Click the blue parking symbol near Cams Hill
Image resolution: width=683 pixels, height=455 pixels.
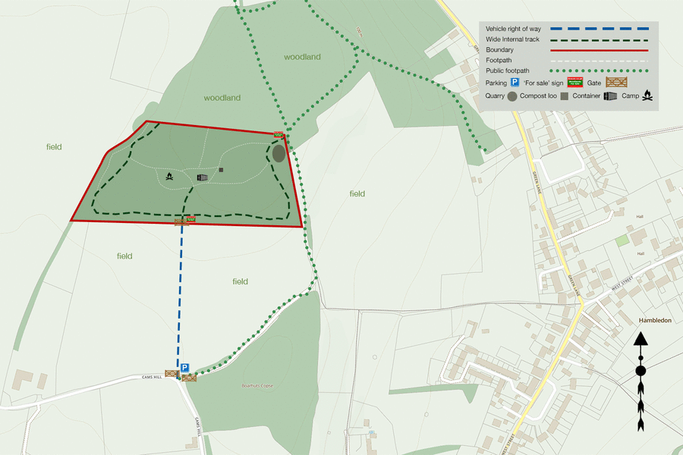[x=184, y=366]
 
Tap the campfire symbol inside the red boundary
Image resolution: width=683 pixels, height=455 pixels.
[x=170, y=177]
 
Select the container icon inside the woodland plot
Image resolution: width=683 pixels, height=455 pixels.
[x=202, y=177]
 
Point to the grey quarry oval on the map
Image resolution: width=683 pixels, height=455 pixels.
[x=279, y=153]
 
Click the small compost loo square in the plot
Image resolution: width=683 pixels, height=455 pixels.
[x=221, y=169]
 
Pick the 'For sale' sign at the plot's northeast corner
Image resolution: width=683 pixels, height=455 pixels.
[x=279, y=134]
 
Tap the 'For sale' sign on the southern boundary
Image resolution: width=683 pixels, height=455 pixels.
[x=190, y=218]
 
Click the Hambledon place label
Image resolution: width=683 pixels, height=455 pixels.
[x=655, y=321]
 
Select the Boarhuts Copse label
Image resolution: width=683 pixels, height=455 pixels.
[x=257, y=386]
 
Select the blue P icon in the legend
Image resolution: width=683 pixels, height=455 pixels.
[x=514, y=81]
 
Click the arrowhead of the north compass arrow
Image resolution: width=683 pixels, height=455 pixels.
[x=641, y=338]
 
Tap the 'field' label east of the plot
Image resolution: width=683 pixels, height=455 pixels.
[x=357, y=194]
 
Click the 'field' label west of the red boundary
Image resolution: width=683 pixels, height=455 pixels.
[x=53, y=147]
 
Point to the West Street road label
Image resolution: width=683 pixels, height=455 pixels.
[x=622, y=287]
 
